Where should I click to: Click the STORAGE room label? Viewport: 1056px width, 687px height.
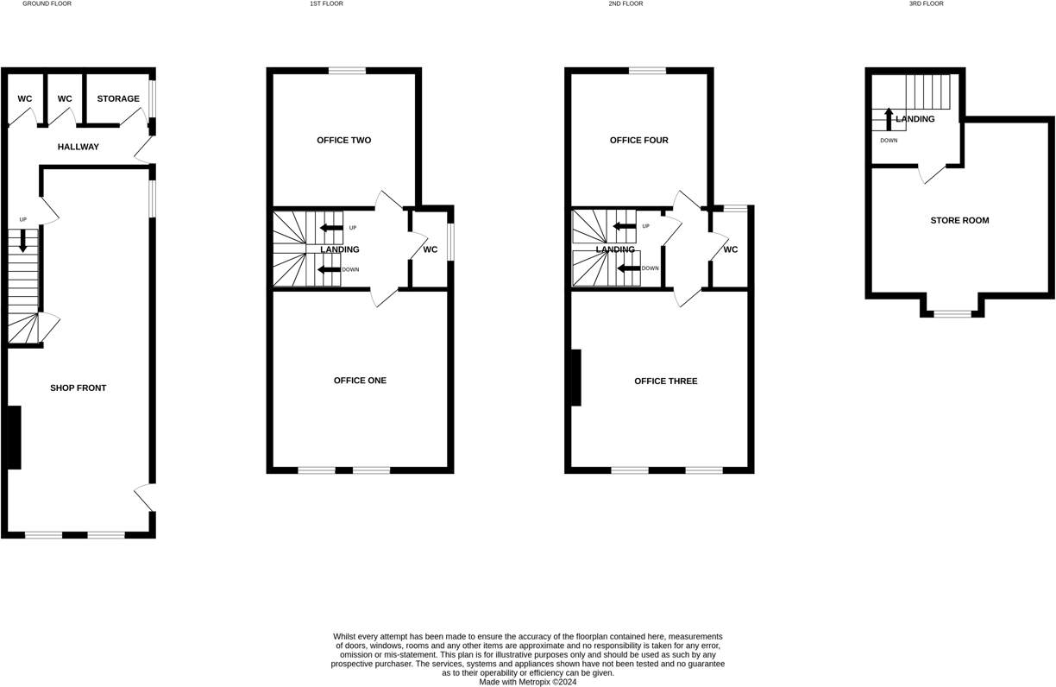[118, 99]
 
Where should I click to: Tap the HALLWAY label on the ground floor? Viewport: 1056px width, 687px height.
[79, 148]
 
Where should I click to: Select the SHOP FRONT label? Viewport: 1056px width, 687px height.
[79, 388]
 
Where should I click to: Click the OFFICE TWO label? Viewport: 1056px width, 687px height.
[343, 141]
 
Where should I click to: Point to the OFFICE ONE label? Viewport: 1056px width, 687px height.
[360, 381]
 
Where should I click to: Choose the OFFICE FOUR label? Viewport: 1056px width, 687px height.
[638, 141]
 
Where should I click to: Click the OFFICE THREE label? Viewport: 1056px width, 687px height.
[665, 381]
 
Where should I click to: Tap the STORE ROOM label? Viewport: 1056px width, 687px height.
[959, 221]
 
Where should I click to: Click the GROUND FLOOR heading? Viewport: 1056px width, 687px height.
[47, 4]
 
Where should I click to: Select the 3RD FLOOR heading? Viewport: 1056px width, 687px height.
[926, 4]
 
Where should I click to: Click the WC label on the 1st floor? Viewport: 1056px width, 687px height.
[431, 250]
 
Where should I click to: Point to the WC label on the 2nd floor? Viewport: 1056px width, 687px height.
[731, 250]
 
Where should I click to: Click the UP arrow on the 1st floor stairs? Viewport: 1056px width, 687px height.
[330, 228]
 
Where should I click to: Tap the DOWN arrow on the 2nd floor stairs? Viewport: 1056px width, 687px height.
[628, 268]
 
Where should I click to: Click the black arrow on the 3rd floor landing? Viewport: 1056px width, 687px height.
[889, 118]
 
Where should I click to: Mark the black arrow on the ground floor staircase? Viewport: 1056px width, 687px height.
[23, 240]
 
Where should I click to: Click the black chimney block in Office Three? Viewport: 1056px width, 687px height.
[575, 377]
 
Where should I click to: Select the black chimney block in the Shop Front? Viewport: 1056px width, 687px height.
[15, 437]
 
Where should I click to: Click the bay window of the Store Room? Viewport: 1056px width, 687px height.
[952, 314]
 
